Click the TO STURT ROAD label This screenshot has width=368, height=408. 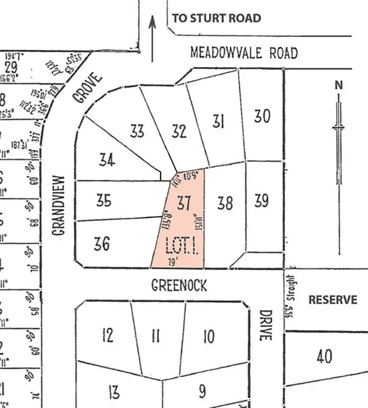click(216, 18)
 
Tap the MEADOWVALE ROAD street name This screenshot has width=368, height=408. click(244, 53)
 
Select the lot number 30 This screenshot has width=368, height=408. click(262, 116)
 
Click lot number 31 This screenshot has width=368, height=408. click(219, 121)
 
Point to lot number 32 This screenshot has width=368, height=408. click(179, 131)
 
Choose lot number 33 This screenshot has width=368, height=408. click(137, 131)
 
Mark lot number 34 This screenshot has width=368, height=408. click(107, 160)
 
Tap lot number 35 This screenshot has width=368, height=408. click(103, 201)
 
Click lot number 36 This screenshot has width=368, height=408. click(101, 244)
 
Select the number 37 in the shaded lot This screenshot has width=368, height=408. click(184, 203)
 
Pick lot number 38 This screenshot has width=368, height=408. click(225, 202)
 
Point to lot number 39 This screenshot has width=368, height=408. click(261, 200)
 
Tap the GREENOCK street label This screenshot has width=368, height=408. click(179, 285)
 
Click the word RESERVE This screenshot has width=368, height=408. click(332, 300)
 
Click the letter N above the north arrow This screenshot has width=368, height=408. click(339, 85)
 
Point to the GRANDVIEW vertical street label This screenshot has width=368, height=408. click(59, 205)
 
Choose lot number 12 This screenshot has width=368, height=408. click(107, 335)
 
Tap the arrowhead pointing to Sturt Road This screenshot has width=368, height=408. click(152, 22)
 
